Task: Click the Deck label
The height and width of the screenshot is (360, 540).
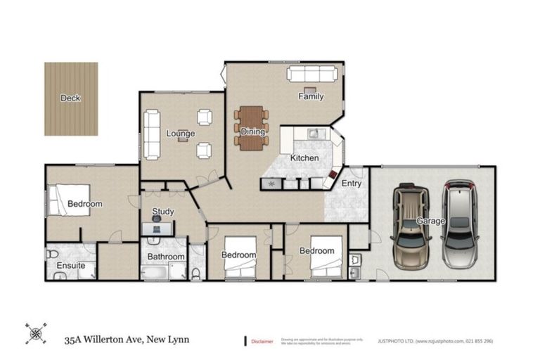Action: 70,98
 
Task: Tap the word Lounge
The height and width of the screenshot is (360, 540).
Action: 181,134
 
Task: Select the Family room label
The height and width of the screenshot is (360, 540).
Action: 310,96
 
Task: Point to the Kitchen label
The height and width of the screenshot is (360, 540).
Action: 304,158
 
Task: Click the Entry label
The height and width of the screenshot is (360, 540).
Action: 352,184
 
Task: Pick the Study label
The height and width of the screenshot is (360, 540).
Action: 163,212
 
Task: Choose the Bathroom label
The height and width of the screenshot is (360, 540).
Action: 166,257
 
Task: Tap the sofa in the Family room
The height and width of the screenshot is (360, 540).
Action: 311,75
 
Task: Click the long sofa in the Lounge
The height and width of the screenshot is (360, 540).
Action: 152,135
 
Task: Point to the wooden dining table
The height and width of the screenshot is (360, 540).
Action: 252,128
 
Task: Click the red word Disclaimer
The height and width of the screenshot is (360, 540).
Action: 263,341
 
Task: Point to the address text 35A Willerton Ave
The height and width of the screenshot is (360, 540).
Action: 112,340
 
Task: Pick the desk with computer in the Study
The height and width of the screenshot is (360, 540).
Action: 157,226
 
